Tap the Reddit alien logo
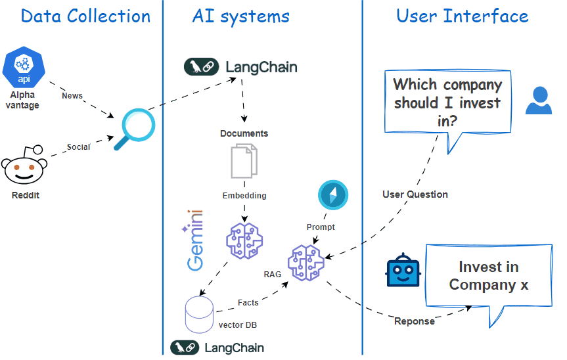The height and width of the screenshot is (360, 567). tap(25, 166)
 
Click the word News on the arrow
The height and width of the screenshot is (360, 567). tap(72, 96)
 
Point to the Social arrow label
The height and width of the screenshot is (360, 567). tap(78, 147)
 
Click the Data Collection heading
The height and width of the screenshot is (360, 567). tap(85, 16)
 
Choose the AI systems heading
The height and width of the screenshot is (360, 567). tap(240, 16)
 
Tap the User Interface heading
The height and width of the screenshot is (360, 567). tap(462, 16)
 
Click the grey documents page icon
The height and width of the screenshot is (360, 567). tap(244, 162)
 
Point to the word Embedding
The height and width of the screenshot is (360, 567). tap(244, 196)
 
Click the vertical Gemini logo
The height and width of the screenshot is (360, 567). tap(195, 240)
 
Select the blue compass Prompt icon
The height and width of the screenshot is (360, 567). tap(333, 196)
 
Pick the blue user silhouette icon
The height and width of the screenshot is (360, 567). tap(539, 101)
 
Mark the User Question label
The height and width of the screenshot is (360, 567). tap(415, 194)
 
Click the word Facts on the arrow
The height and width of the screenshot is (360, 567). tap(248, 303)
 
